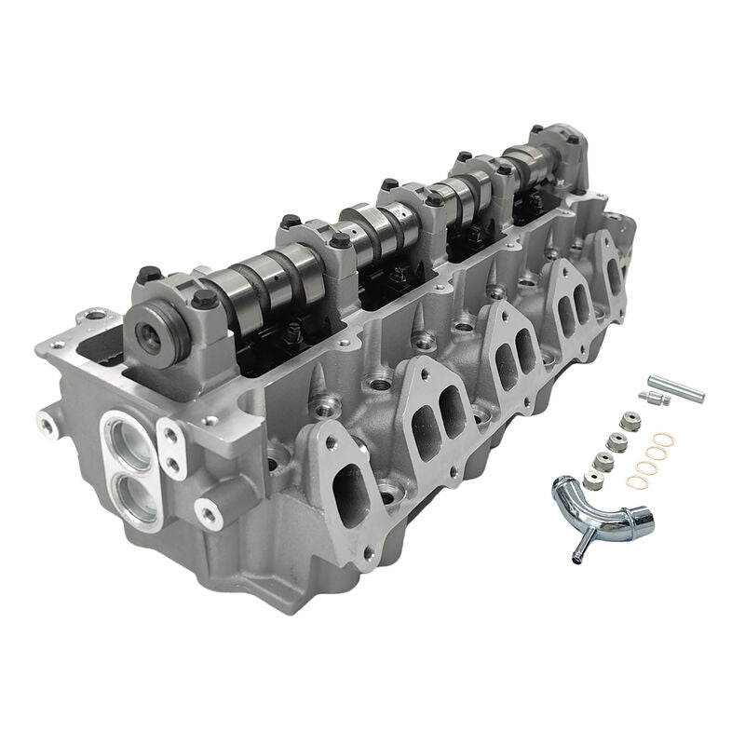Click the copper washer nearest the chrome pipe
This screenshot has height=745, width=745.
point(637,481)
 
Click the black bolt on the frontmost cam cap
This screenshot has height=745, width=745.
point(205,300)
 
